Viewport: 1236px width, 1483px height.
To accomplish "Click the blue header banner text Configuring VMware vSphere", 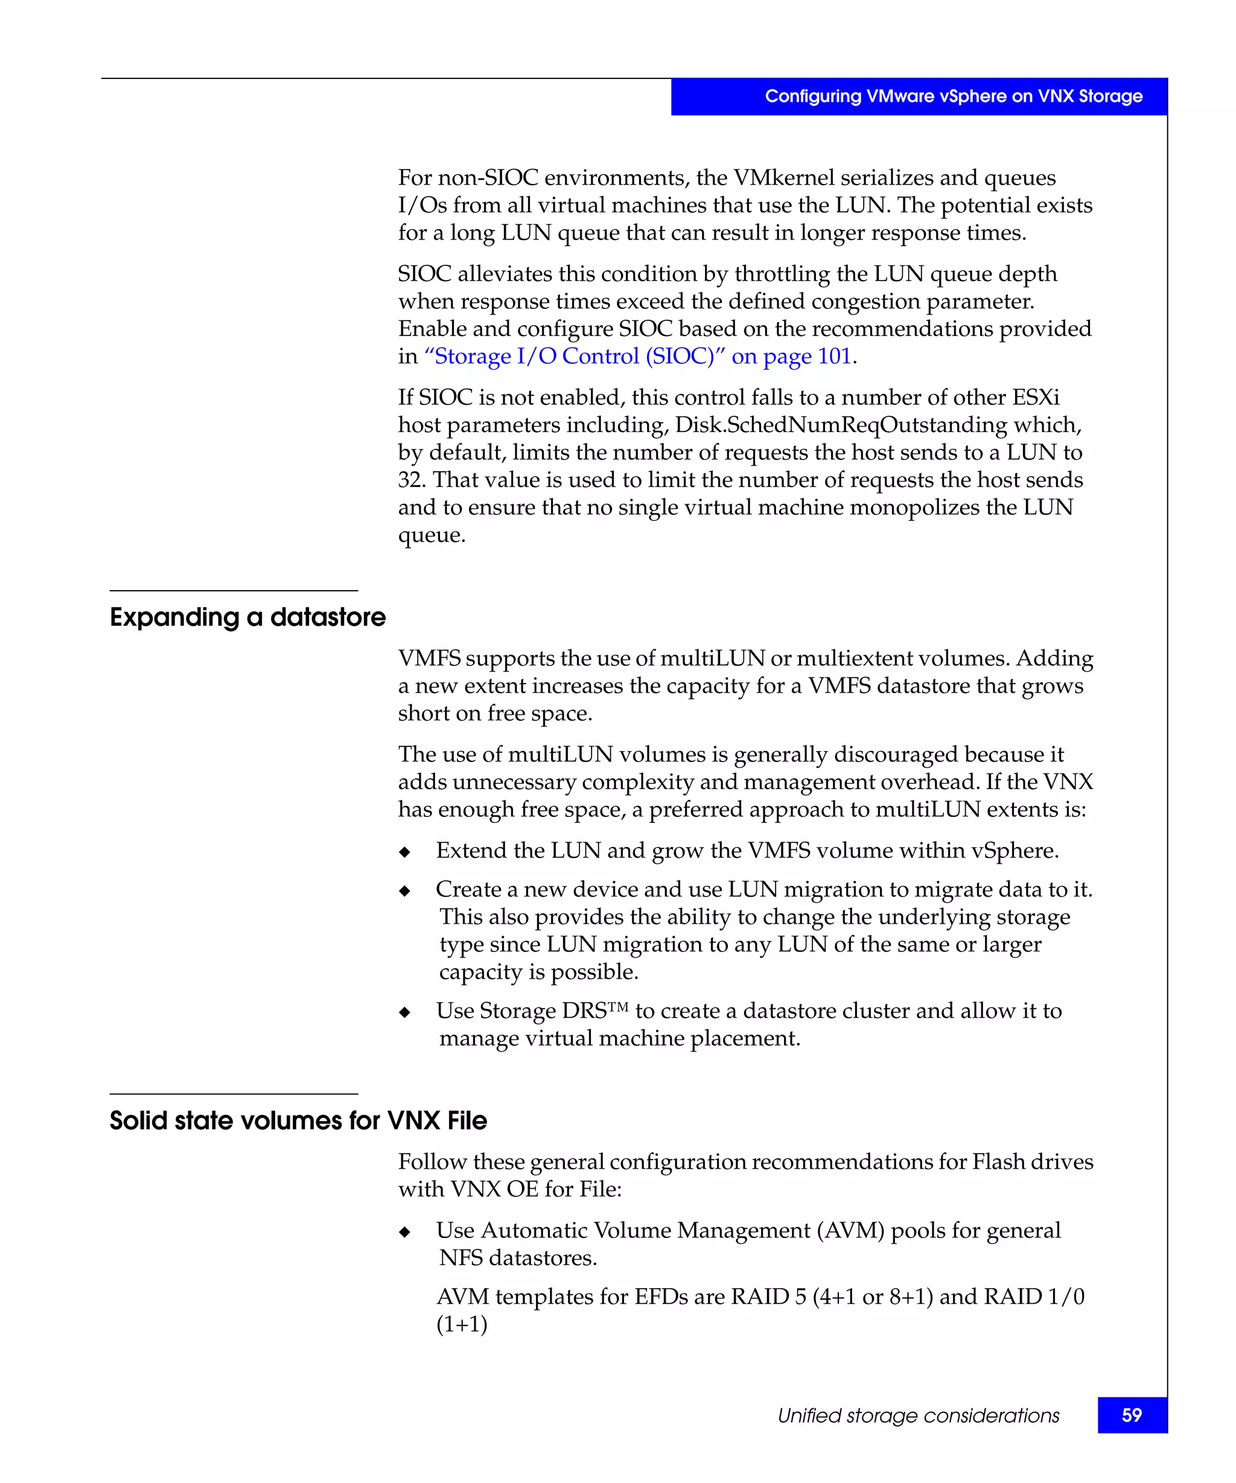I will (x=954, y=96).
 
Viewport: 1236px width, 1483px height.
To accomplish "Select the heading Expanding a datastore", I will (x=247, y=617).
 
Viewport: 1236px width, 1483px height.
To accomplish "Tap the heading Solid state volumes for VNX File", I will (x=298, y=1121).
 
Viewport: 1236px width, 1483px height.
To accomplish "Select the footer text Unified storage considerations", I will (x=918, y=1415).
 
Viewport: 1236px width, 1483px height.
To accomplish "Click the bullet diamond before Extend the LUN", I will (x=405, y=853).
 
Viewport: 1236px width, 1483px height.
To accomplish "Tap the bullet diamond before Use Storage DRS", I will (x=405, y=1012).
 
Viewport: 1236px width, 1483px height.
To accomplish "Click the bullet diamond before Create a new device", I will (x=405, y=891).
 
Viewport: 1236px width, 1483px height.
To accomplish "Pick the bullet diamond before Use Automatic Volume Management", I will (x=405, y=1232).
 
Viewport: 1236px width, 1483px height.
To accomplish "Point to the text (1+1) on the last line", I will (x=462, y=1324).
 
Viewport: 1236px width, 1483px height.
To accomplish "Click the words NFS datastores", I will (x=518, y=1258).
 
